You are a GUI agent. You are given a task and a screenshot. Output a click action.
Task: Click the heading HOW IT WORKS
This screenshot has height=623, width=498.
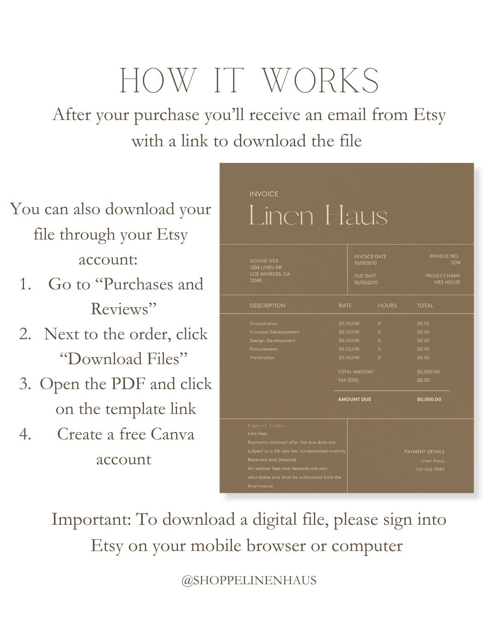click(249, 81)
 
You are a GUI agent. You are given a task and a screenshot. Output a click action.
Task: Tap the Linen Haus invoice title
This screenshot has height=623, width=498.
click(318, 216)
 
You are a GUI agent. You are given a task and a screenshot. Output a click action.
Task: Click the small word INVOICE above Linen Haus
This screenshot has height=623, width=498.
click(264, 194)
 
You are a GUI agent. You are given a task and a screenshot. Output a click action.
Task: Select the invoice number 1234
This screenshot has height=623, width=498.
click(455, 263)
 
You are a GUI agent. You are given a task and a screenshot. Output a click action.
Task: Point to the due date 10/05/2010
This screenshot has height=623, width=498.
click(366, 282)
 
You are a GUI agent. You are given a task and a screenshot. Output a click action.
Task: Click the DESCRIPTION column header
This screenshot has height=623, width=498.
click(267, 306)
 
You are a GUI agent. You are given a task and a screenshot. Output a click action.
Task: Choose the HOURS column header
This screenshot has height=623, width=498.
click(387, 306)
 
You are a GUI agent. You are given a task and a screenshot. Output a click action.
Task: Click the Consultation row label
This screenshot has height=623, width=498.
click(264, 323)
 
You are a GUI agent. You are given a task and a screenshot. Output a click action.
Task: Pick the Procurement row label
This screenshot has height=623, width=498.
click(264, 349)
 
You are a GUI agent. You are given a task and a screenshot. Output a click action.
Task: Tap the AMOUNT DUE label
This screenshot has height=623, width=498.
click(354, 400)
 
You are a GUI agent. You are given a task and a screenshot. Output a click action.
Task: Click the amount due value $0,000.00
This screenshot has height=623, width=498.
click(429, 400)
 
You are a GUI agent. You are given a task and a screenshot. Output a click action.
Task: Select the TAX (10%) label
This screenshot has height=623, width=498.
click(348, 380)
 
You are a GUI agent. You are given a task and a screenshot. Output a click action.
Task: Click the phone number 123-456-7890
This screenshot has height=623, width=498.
click(430, 470)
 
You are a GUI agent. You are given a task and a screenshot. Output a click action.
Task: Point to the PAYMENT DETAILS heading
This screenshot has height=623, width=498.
click(424, 452)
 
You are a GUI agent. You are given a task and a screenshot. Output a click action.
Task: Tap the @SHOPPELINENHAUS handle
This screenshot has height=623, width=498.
click(249, 581)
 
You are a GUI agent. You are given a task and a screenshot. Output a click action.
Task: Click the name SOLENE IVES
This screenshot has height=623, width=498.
click(264, 261)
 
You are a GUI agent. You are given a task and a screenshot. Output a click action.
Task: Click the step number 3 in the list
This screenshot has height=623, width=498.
click(24, 384)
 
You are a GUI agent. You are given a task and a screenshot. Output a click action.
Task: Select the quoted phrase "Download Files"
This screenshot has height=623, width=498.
click(124, 359)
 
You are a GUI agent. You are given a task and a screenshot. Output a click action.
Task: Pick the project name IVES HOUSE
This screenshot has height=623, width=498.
click(447, 282)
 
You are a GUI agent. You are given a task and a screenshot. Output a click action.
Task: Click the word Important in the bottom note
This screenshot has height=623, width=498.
click(91, 520)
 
